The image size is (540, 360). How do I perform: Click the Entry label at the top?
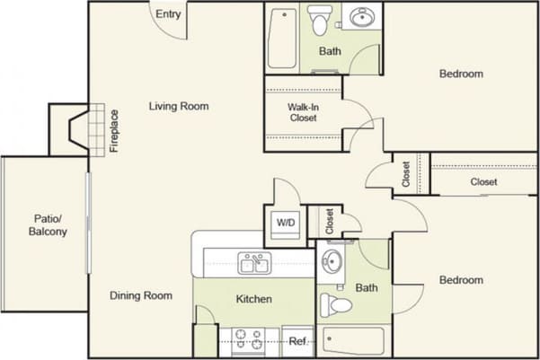coord(167,14)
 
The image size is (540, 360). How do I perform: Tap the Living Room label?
coord(179,106)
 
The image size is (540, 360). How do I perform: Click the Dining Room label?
coord(141,295)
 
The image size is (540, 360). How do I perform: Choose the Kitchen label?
coord(254,299)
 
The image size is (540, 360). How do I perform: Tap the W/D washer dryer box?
coord(286,222)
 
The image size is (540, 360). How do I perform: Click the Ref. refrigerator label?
coord(297,341)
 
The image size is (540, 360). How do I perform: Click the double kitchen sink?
coord(254,263)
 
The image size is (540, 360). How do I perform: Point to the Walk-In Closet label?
coord(302,111)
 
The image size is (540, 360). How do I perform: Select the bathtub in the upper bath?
coord(282,38)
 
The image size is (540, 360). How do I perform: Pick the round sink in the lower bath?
coord(332,263)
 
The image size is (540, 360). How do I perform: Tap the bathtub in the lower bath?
coord(352,341)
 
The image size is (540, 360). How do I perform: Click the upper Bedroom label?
coord(461,74)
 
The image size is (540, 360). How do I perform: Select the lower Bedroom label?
coord(461,280)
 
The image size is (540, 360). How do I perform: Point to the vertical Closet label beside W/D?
coord(330,221)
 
